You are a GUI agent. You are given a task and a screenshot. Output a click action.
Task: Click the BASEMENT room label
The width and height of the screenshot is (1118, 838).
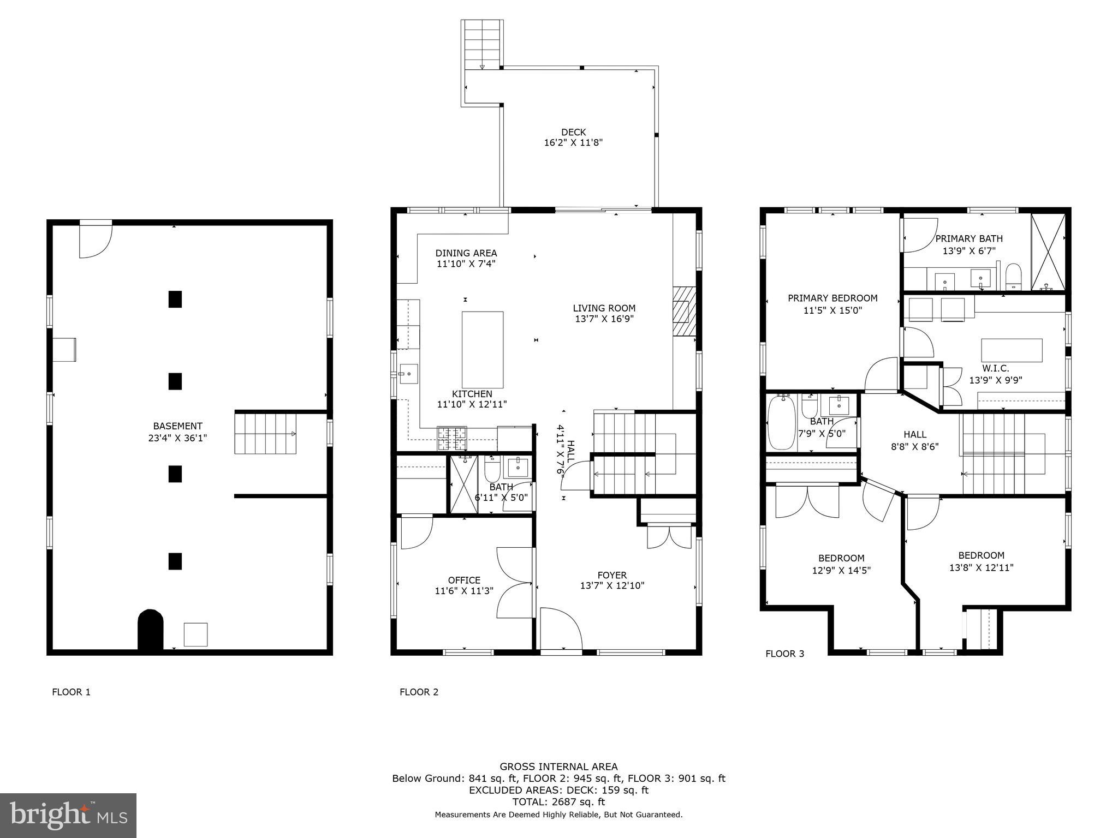pyautogui.click(x=177, y=432)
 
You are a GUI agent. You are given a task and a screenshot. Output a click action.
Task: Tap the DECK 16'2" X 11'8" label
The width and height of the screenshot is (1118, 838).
pyautogui.click(x=573, y=137)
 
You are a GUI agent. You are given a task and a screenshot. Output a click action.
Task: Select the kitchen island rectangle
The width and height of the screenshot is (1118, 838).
pyautogui.click(x=483, y=349)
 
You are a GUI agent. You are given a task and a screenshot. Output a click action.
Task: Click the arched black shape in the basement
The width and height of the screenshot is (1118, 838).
pyautogui.click(x=151, y=630)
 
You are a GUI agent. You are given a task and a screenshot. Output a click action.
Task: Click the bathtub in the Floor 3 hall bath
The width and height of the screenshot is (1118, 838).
pyautogui.click(x=781, y=423)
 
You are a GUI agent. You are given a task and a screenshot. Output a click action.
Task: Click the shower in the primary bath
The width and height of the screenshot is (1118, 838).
pyautogui.click(x=1048, y=252)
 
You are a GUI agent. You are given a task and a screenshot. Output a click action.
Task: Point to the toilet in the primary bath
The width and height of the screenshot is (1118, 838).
pyautogui.click(x=1013, y=276)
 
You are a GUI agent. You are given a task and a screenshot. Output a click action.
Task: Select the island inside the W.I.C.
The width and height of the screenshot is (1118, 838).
pyautogui.click(x=1012, y=350)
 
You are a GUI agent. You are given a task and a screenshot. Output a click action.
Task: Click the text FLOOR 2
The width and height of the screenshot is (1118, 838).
pyautogui.click(x=419, y=692)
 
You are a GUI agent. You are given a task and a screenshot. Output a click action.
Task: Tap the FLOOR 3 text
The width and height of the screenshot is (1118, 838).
pyautogui.click(x=784, y=654)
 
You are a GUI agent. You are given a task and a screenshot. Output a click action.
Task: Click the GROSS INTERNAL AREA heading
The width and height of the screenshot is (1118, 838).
pyautogui.click(x=558, y=767)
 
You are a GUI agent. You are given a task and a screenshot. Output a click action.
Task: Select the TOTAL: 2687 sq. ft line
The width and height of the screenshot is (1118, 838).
pyautogui.click(x=558, y=802)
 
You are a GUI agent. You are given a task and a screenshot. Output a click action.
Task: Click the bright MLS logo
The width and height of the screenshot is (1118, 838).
pyautogui.click(x=68, y=815)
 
